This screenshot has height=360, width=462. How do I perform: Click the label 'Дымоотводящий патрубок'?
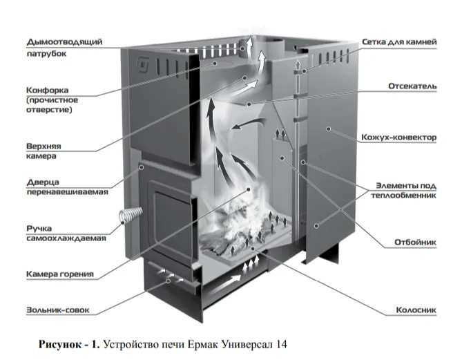pos(64,48)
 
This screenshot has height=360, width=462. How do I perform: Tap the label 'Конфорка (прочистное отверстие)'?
pos(50,100)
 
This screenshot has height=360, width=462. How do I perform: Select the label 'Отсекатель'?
pos(412,86)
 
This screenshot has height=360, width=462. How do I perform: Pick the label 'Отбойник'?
pos(414,243)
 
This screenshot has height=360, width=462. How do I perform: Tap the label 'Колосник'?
pos(416,310)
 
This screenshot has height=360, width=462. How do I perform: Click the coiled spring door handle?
pos(128,216)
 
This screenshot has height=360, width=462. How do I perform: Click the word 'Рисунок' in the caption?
pos(60,343)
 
